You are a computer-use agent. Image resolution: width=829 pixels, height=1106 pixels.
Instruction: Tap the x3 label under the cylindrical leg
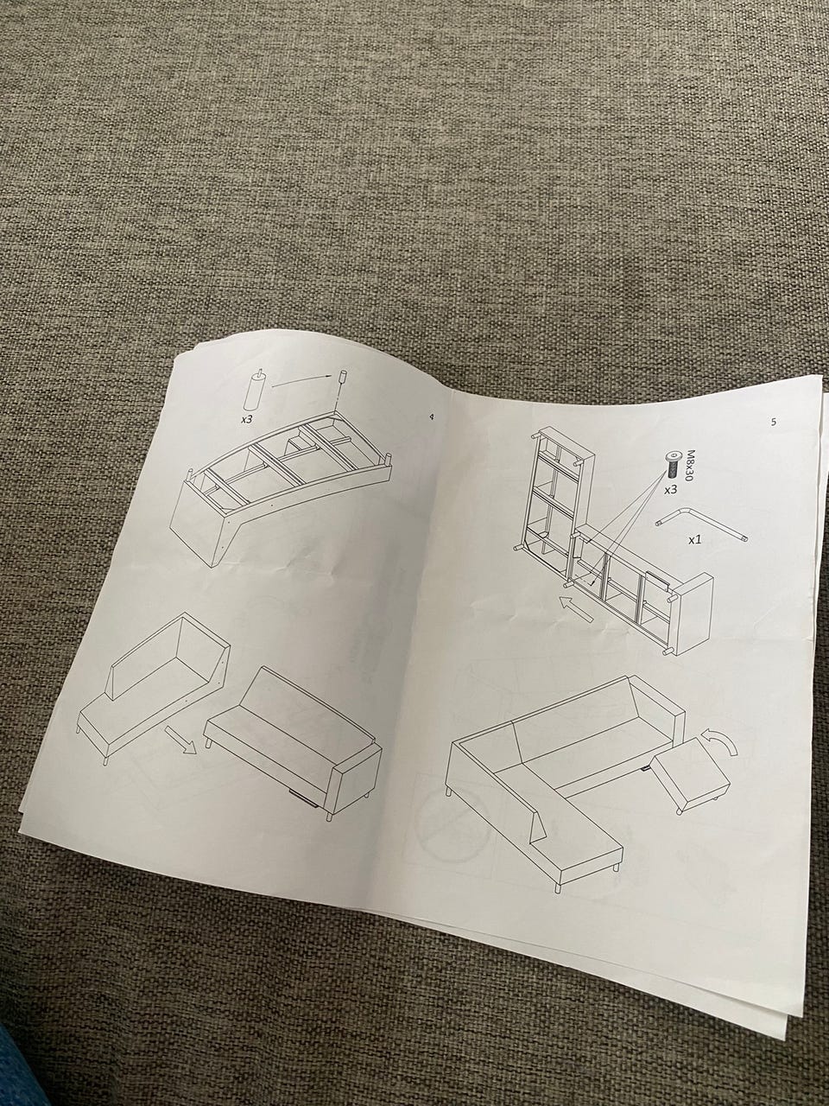pyautogui.click(x=246, y=419)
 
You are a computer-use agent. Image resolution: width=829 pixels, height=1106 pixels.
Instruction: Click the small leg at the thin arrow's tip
pyautogui.click(x=344, y=378)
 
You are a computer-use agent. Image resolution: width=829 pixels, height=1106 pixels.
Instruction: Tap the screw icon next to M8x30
pyautogui.click(x=672, y=464)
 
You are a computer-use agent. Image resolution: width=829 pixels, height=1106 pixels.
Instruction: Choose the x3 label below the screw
pyautogui.click(x=670, y=489)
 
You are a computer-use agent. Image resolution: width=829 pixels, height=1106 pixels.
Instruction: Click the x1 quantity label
pyautogui.click(x=695, y=539)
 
